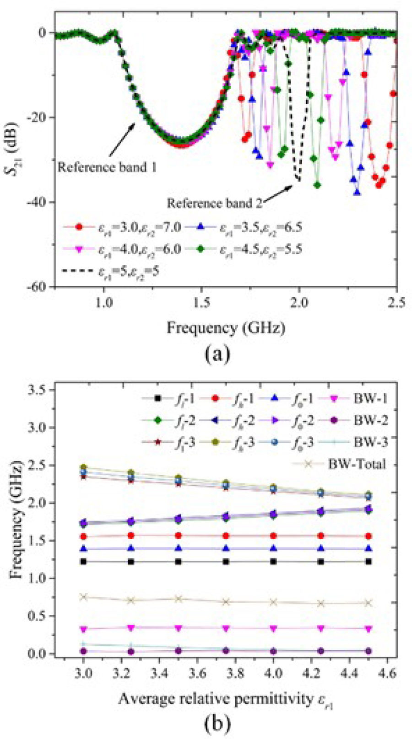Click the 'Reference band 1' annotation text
[x=107, y=167]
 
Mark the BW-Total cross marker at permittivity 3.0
[x=83, y=597]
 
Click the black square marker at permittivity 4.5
[x=368, y=562]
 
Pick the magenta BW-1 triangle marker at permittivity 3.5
[x=179, y=628]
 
